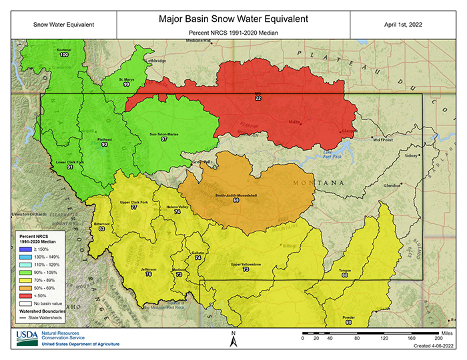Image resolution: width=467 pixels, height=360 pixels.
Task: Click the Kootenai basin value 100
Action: click(64, 55)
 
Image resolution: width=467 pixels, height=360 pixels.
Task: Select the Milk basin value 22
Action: click(258, 98)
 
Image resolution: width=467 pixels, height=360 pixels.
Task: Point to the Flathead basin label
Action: click(104, 139)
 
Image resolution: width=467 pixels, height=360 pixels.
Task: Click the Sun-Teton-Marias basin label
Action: click(163, 134)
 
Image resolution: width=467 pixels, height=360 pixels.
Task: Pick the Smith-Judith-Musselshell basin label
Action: click(236, 195)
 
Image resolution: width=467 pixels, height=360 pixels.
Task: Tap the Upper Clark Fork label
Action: click(133, 202)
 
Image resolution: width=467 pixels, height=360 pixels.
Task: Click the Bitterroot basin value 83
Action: click(101, 229)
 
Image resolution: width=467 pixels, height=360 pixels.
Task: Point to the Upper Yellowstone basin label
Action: click(245, 265)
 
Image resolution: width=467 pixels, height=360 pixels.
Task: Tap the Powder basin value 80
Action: click(348, 322)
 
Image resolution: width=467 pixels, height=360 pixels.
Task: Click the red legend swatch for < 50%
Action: click(23, 295)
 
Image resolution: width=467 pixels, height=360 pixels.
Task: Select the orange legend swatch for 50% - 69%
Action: click(23, 287)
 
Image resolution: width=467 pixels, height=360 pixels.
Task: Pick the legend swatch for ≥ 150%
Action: click(23, 249)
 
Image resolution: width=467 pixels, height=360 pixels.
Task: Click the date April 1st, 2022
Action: click(402, 25)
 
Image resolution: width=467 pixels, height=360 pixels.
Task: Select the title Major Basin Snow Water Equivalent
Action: click(233, 19)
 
